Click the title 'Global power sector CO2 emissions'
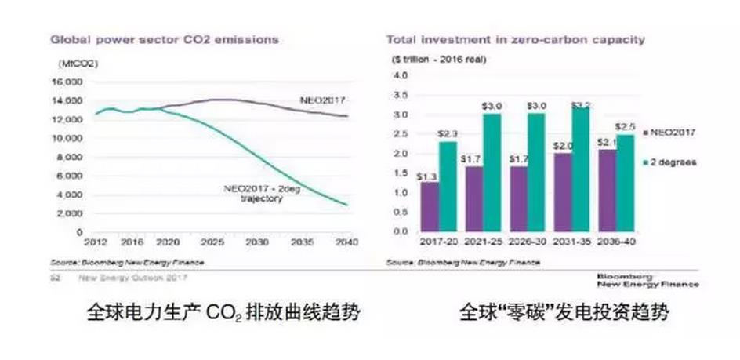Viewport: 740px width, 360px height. tap(165, 38)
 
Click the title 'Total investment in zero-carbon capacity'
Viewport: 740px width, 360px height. tap(515, 38)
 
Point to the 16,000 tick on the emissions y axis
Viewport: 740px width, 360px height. tap(67, 82)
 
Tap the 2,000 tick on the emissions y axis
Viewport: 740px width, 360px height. tap(71, 213)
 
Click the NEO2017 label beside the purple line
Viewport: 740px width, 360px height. tap(321, 100)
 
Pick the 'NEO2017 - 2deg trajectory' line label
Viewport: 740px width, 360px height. tap(255, 193)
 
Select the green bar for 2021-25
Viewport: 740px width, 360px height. tap(492, 173)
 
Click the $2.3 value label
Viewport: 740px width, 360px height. tap(448, 134)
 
